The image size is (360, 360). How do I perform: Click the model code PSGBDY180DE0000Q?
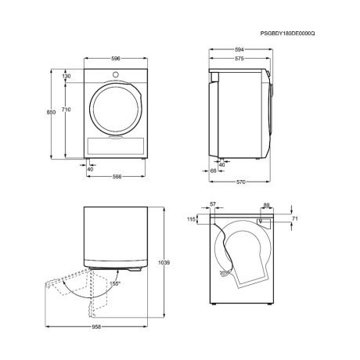[287, 34]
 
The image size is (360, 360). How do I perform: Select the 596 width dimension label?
[116, 59]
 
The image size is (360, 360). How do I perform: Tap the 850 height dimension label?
[51, 112]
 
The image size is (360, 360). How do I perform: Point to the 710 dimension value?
[67, 110]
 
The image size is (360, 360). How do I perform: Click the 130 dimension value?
[67, 76]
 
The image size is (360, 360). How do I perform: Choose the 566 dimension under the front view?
[117, 177]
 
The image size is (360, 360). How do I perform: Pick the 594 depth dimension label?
[239, 49]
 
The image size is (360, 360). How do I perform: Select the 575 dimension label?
[239, 59]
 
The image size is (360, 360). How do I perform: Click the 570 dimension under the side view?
[241, 182]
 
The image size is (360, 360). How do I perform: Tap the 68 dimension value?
[214, 171]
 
